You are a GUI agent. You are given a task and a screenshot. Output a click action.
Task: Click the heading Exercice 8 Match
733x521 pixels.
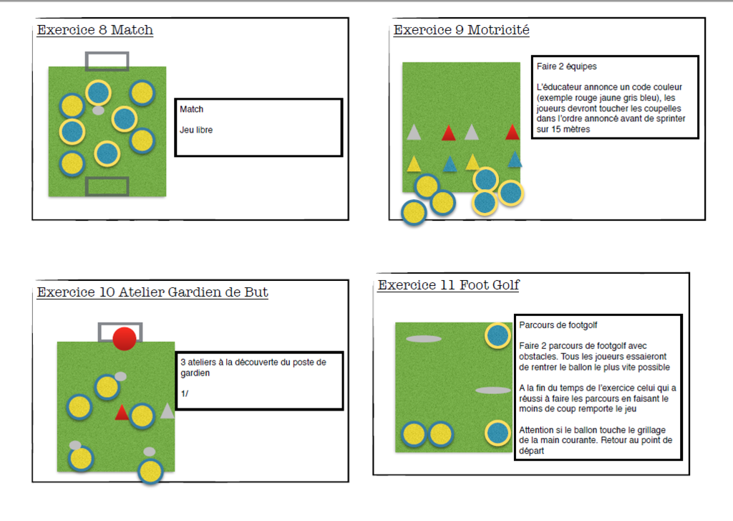pyautogui.click(x=94, y=30)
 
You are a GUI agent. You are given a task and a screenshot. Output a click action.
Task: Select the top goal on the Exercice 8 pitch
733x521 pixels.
pyautogui.click(x=107, y=61)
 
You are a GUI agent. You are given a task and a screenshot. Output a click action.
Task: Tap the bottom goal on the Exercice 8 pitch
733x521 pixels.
pyautogui.click(x=107, y=186)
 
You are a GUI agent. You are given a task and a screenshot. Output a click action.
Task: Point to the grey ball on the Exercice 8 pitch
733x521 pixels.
pyautogui.click(x=99, y=110)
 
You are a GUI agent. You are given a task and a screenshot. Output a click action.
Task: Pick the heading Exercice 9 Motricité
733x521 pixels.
pyautogui.click(x=461, y=30)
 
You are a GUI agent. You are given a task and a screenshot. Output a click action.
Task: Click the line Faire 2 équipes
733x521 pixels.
pyautogui.click(x=566, y=66)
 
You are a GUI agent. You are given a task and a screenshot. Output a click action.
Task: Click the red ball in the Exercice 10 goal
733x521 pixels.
pyautogui.click(x=125, y=338)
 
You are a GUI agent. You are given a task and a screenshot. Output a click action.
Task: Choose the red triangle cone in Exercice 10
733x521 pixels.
pyautogui.click(x=122, y=413)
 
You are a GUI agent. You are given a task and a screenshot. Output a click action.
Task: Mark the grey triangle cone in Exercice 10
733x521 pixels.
pyautogui.click(x=167, y=411)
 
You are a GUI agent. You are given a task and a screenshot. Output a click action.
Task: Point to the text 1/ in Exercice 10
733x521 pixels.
pyautogui.click(x=185, y=393)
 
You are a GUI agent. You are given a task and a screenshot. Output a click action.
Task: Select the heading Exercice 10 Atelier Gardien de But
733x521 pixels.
pyautogui.click(x=152, y=292)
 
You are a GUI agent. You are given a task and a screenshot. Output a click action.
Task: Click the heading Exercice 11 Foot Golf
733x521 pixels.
pyautogui.click(x=448, y=285)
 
